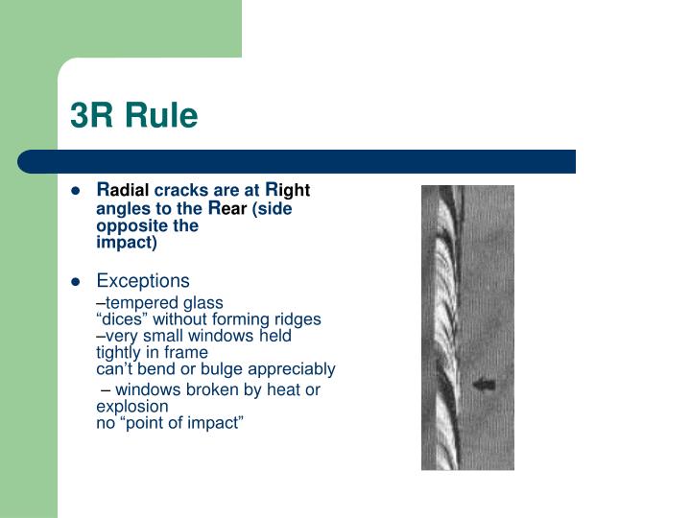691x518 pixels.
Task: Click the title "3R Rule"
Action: (133, 116)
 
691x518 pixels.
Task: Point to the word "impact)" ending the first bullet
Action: (127, 244)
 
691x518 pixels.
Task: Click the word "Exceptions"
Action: (143, 281)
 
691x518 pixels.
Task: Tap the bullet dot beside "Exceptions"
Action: (75, 282)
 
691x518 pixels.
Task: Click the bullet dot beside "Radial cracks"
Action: (75, 191)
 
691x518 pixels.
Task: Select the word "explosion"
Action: (132, 406)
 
